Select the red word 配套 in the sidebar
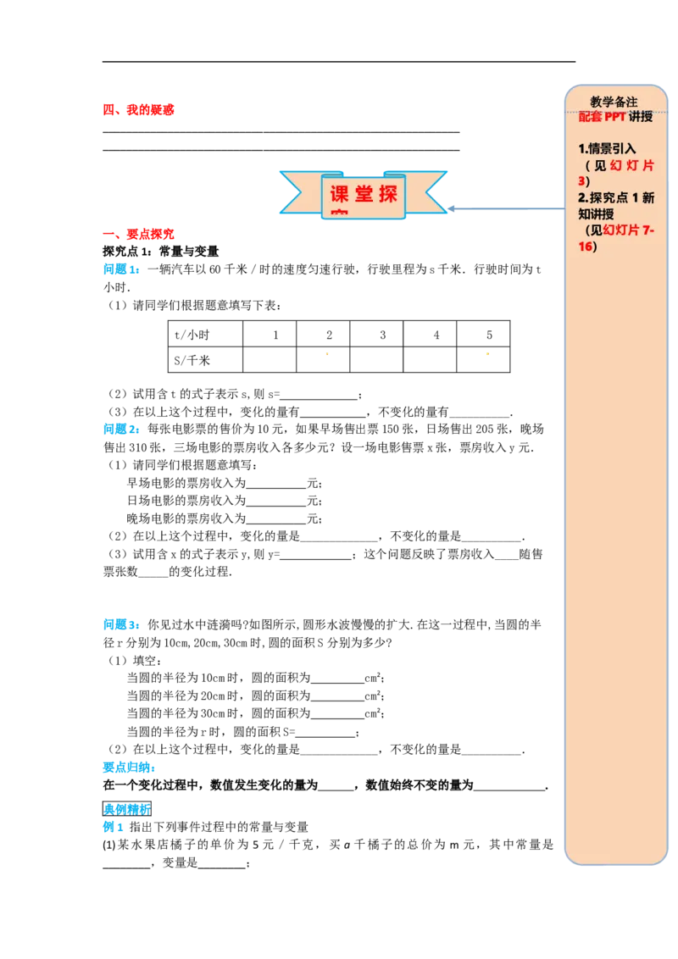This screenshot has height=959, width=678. click(591, 117)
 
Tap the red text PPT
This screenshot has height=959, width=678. click(614, 117)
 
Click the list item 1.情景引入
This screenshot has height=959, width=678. click(607, 148)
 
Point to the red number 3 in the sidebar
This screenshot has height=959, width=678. click(581, 181)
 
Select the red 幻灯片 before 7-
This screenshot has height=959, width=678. click(622, 230)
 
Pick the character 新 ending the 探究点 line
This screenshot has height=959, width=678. click(648, 197)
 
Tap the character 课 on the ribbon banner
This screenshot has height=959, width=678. click(339, 194)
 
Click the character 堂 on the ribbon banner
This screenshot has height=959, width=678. click(364, 194)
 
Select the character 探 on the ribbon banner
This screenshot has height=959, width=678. click(388, 194)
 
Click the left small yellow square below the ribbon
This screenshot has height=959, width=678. click(329, 356)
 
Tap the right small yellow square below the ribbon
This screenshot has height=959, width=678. click(487, 356)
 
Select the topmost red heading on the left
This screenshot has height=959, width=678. click(139, 110)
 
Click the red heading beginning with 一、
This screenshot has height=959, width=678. click(139, 234)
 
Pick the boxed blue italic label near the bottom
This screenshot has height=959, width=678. click(128, 807)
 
